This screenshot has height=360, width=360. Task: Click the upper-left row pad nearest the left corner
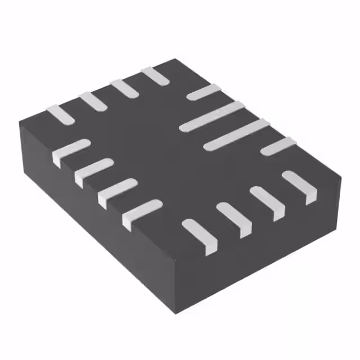click(60, 114)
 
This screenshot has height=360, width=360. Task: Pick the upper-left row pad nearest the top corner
click(155, 76)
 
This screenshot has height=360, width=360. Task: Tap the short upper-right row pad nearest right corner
click(278, 146)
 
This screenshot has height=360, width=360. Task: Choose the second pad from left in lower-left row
click(92, 170)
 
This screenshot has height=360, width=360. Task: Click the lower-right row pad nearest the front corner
click(200, 234)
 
